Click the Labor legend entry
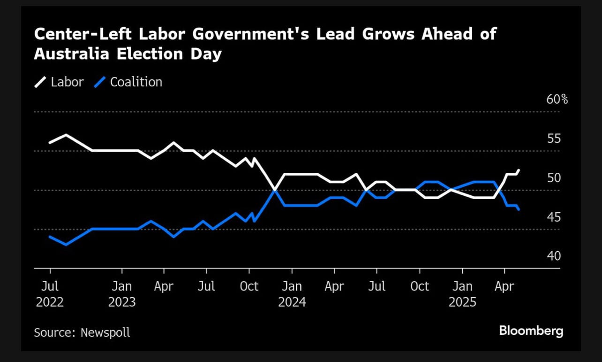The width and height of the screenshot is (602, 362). [59, 82]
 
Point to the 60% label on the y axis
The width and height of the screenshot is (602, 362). [557, 100]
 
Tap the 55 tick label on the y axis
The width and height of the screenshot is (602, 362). [554, 139]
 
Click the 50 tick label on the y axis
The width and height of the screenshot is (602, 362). [554, 178]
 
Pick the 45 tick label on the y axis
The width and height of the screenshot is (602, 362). [554, 217]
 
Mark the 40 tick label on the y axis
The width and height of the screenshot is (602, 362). [554, 256]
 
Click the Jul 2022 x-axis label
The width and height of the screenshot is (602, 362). [50, 294]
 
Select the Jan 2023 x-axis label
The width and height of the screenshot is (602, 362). [122, 294]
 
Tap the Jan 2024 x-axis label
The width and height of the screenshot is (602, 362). [292, 294]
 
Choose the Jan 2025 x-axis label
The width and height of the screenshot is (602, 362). [462, 294]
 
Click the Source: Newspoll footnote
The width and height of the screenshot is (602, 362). [82, 332]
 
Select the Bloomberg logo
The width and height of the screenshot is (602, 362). [531, 331]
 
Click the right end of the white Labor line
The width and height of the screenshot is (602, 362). [519, 170]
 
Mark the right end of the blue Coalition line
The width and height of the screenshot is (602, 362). [519, 210]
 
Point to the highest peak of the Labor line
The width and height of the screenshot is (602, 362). [66, 135]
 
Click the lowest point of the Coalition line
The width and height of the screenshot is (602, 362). [66, 245]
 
